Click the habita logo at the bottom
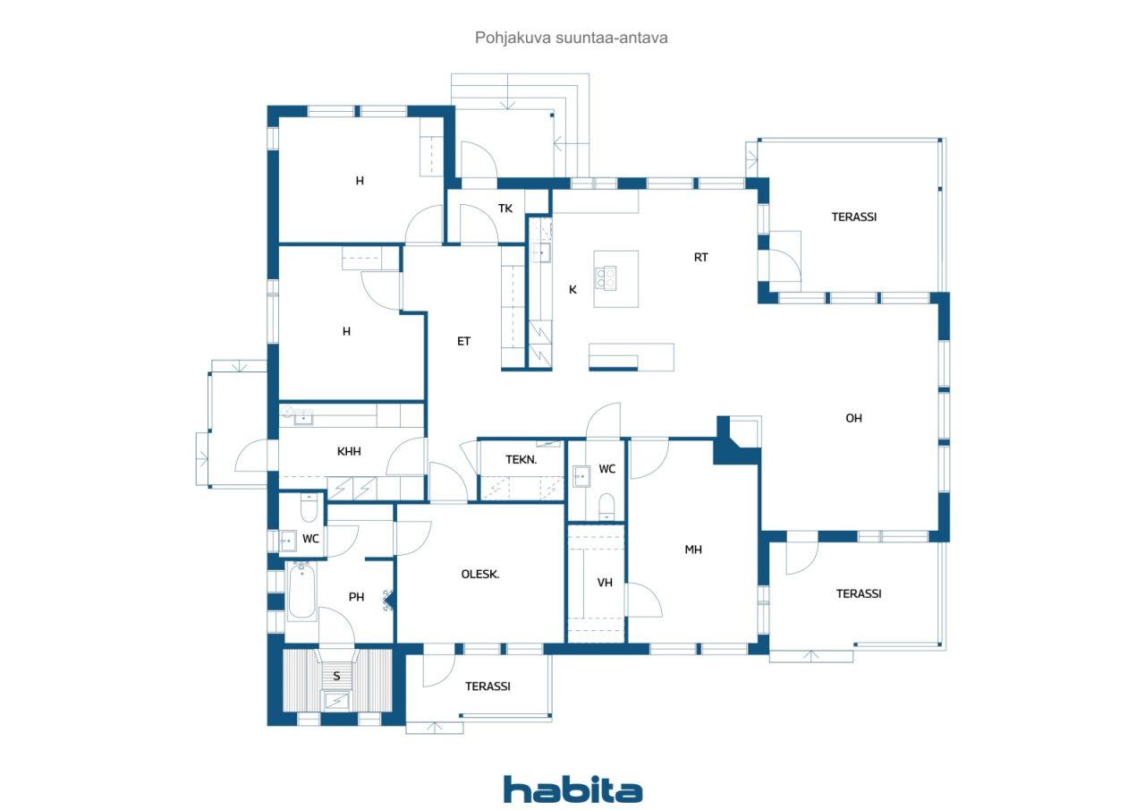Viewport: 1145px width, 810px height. pos(572,789)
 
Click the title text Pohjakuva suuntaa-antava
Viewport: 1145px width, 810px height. pos(572,38)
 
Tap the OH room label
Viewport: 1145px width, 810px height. pos(853,418)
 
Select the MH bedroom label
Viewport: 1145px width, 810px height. pos(693,550)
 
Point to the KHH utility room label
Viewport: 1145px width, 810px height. pos(349,451)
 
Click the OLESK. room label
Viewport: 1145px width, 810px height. pos(480,575)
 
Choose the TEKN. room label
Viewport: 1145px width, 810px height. pos(521,459)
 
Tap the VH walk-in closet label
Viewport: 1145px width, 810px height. pos(605,583)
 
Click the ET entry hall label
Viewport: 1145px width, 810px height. pos(463,341)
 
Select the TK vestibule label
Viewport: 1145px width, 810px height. pos(505,209)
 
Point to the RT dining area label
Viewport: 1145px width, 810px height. pos(701,257)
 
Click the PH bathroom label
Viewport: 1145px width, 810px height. pos(356,597)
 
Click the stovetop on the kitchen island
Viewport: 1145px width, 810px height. pos(609,278)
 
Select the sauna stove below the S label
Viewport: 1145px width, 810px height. pos(337,700)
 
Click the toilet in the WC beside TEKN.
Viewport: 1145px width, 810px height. pos(606,505)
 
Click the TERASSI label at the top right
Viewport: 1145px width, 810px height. pos(853,217)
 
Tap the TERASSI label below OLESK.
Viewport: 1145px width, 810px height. pos(488,686)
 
